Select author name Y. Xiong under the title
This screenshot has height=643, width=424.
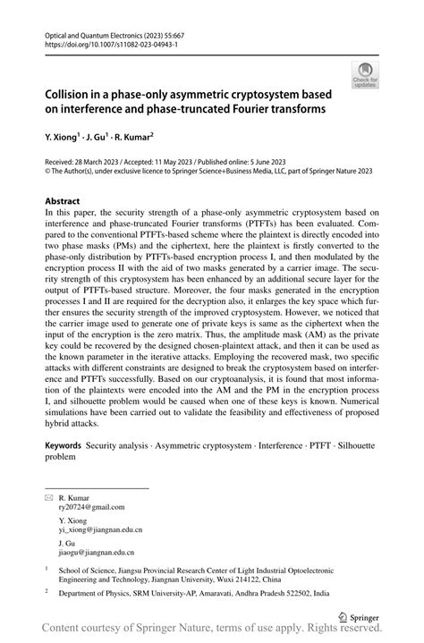tap(63, 138)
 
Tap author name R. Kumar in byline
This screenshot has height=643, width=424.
tap(131, 138)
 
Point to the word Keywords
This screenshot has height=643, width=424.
tap(63, 444)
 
